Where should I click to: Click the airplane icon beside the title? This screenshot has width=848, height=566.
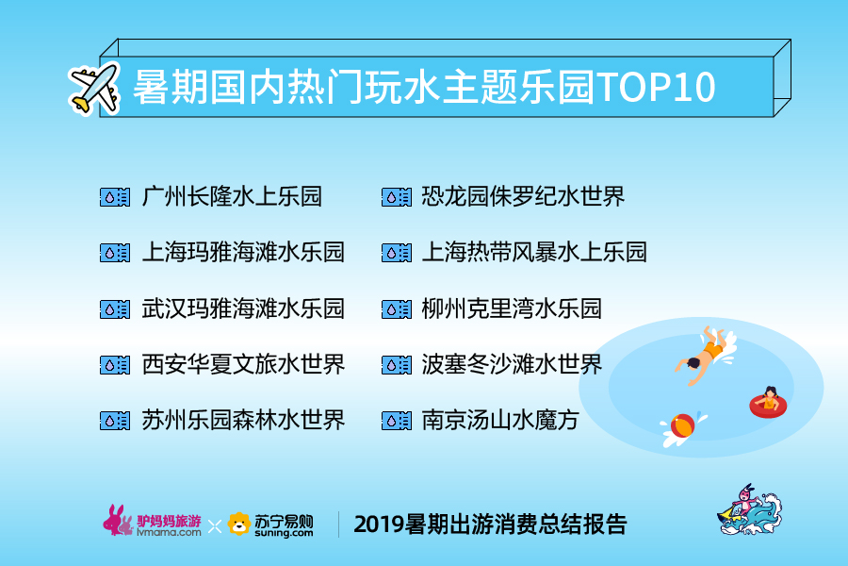94,89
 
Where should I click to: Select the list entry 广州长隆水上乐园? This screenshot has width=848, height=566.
232,196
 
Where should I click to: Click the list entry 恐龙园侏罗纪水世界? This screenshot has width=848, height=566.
523,196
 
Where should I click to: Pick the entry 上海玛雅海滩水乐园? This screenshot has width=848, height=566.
243,252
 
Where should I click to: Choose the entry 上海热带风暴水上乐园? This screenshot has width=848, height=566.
534,252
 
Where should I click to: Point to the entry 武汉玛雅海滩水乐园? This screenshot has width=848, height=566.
243,308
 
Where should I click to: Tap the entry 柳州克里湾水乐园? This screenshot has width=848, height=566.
512,308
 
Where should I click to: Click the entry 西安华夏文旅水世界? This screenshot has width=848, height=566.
243,364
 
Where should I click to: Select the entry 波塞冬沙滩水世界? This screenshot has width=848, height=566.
512,364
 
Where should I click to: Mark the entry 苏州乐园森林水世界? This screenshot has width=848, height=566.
243,420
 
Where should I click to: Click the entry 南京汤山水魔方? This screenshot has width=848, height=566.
500,420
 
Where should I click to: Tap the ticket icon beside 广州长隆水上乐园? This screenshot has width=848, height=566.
115,197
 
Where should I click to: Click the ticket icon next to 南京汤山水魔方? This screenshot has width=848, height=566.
397,421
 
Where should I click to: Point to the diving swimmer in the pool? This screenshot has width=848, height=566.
704,355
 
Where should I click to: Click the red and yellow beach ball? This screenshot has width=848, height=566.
682,425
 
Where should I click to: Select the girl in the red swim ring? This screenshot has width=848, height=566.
768,402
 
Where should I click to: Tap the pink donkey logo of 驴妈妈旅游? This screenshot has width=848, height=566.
118,521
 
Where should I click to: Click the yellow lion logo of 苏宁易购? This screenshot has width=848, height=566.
238,524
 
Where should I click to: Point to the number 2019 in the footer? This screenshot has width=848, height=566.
379,524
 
